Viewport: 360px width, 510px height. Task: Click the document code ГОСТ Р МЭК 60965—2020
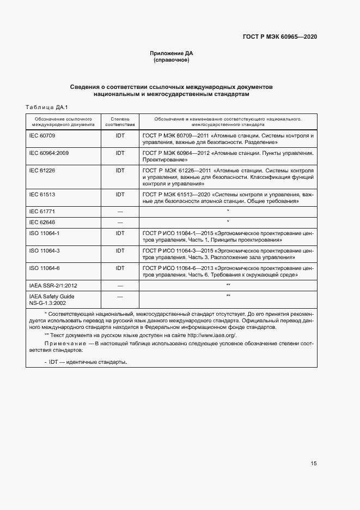pos(280,37)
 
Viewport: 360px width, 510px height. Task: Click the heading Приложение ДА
pos(172,53)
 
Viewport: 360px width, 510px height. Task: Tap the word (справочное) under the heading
pos(172,60)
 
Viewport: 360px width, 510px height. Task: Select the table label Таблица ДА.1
pos(45,107)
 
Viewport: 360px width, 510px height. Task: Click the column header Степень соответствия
pos(120,121)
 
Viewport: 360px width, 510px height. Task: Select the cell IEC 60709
pos(41,135)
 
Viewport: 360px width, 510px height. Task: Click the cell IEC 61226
pos(41,171)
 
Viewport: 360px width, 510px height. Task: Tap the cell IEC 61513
pos(41,194)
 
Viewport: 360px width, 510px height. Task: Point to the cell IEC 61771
pos(41,211)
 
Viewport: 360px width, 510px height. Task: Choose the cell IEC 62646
pos(41,222)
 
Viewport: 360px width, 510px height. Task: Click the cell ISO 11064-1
pos(44,233)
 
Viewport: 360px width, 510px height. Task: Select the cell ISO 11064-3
pos(44,250)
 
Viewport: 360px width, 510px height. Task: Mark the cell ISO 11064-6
pos(44,268)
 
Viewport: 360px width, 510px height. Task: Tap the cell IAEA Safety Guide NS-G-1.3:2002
pos(52,299)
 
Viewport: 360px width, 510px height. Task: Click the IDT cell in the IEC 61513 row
pos(120,194)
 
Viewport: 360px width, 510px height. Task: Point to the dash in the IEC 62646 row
pos(120,222)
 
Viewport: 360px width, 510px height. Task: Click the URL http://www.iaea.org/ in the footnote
pos(212,335)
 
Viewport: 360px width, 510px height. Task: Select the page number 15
pos(313,464)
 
